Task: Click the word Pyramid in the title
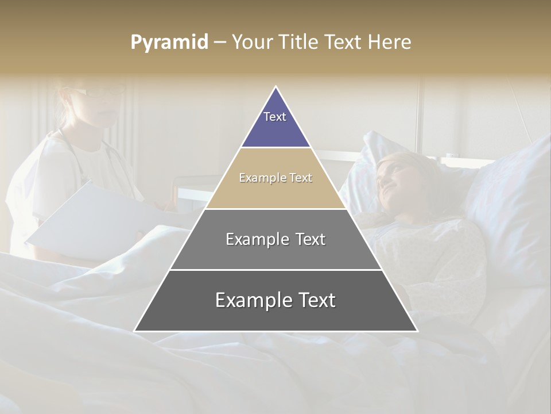pyautogui.click(x=169, y=43)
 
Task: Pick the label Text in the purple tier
pyautogui.click(x=275, y=117)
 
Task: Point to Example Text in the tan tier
pyautogui.click(x=275, y=178)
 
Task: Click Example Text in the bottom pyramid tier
pyautogui.click(x=275, y=300)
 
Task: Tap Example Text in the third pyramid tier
pyautogui.click(x=275, y=239)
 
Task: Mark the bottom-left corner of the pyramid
pyautogui.click(x=135, y=331)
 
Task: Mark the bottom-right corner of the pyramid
pyautogui.click(x=417, y=331)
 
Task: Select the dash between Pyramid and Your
pyautogui.click(x=220, y=43)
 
